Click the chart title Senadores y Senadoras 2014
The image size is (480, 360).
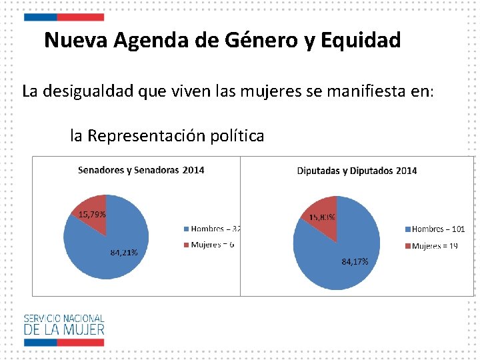click(141, 170)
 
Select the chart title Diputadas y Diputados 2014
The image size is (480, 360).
click(357, 171)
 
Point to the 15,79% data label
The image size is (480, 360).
click(92, 215)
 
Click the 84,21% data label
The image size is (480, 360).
click(123, 253)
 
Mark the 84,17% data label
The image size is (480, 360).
click(355, 262)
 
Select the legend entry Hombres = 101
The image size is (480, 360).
click(435, 229)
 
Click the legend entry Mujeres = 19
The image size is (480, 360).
click(432, 246)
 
